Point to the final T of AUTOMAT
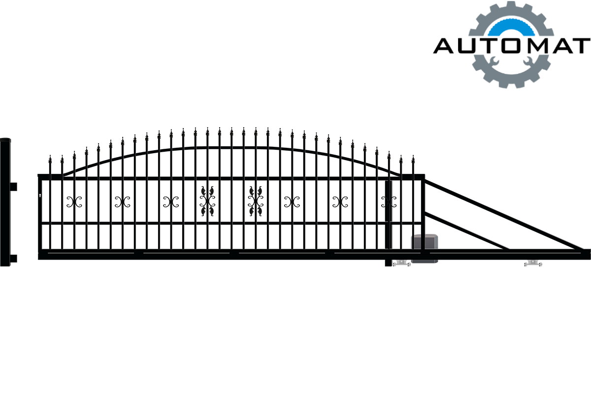click(581, 46)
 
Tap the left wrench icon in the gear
click(493, 61)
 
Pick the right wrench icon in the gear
click(528, 61)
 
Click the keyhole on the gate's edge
click(40, 196)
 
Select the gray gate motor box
click(425, 248)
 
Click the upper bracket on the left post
click(13, 187)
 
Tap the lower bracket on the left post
click(13, 259)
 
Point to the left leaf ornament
click(207, 201)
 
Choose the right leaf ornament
click(256, 201)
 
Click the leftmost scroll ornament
click(74, 202)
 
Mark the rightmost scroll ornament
click(389, 202)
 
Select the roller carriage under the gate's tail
click(533, 263)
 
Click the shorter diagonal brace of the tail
click(467, 231)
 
